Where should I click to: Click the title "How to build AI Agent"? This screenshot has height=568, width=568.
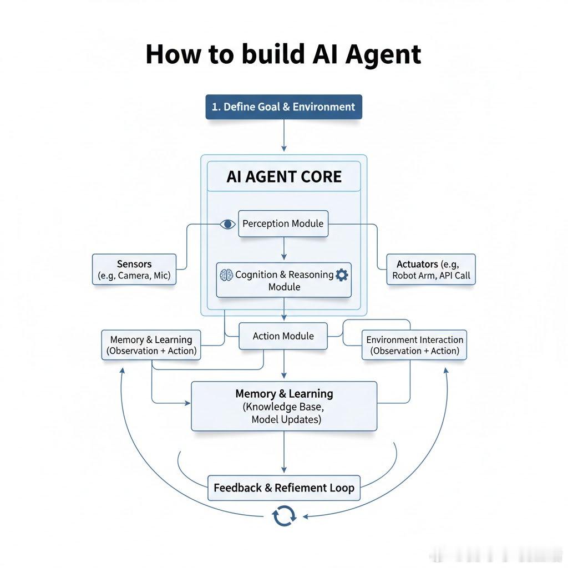283,55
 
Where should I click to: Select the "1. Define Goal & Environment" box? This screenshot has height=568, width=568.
283,106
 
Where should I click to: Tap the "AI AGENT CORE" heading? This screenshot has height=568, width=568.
284,177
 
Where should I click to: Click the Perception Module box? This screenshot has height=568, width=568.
283,224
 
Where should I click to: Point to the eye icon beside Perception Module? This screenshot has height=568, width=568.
227,224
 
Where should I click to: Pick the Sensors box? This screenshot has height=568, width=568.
134,270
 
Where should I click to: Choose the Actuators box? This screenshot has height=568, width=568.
431,270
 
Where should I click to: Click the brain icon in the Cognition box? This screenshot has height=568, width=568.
226,275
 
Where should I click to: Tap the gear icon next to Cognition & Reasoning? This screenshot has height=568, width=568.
342,275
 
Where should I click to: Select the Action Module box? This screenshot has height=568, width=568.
283,336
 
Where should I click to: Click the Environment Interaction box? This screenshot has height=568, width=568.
414,345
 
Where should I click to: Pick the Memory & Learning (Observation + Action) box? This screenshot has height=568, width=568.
151,345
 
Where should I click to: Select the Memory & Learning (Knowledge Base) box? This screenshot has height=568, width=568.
284,407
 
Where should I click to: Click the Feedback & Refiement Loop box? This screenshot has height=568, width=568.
284,488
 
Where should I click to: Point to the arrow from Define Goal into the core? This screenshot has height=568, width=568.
284,136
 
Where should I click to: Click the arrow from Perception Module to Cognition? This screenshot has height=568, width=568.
284,249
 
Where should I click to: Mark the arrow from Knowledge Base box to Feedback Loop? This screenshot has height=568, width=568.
284,452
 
